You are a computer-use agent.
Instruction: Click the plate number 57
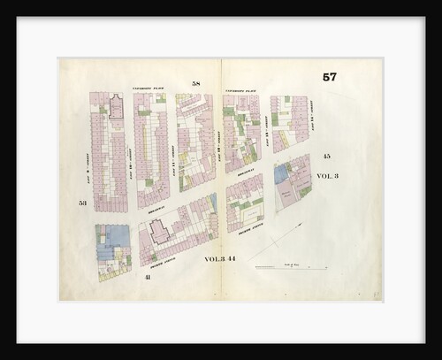329,77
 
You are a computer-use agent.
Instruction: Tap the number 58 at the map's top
196,83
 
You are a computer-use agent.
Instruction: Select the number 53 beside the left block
82,203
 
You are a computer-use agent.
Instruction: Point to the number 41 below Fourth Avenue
146,277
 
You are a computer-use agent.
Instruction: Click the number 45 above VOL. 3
326,156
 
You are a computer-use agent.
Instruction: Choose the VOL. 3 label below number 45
327,176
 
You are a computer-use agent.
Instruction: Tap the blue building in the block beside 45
283,174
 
